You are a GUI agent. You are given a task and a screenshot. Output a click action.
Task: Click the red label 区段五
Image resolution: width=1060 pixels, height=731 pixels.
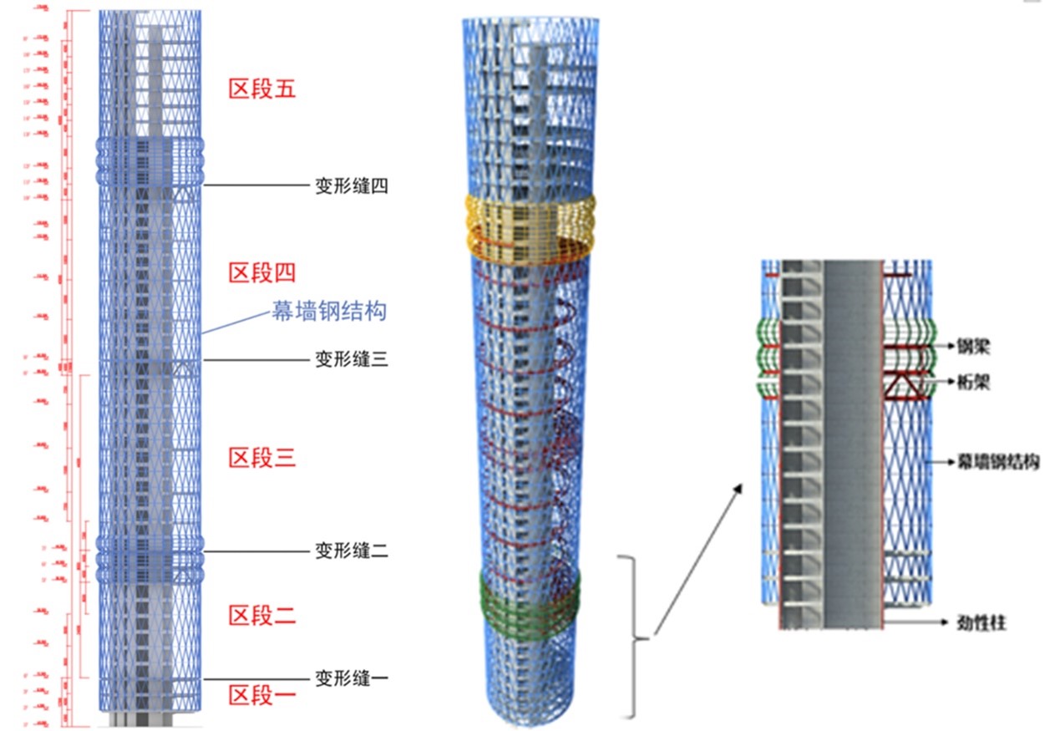click(263, 89)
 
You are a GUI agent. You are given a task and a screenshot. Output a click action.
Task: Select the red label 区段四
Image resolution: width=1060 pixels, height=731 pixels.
click(263, 272)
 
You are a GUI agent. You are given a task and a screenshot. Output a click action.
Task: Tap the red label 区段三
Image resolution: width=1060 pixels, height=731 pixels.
click(263, 457)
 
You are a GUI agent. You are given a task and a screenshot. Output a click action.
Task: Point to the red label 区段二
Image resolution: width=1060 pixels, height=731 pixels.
click(263, 616)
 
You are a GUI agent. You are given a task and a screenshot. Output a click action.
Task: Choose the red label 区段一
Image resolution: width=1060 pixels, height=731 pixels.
click(263, 694)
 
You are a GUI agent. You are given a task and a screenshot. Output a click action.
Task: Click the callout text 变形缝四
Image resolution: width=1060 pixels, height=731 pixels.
click(351, 186)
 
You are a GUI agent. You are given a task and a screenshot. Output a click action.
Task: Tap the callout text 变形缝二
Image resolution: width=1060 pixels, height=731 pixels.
click(351, 551)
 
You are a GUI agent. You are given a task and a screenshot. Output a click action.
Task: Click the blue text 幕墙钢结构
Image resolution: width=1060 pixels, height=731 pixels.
click(331, 312)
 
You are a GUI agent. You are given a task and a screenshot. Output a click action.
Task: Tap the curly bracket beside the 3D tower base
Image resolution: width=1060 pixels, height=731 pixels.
click(634, 639)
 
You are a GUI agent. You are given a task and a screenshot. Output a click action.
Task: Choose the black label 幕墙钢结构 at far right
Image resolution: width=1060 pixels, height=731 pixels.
click(997, 461)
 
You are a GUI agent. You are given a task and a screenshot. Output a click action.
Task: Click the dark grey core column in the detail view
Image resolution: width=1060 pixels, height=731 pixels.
click(853, 443)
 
